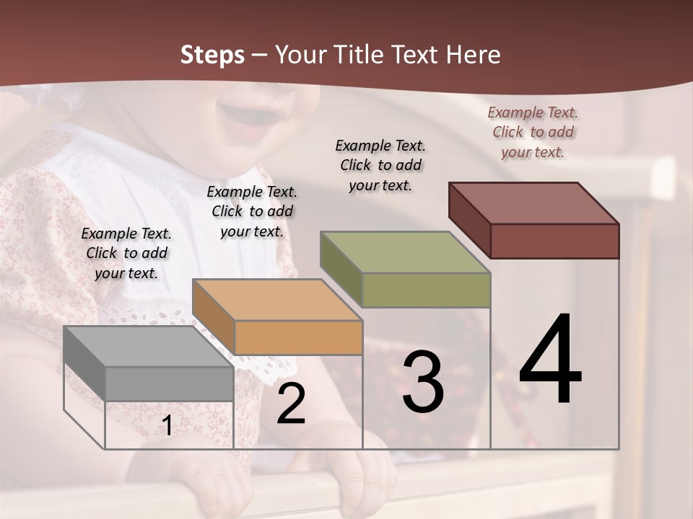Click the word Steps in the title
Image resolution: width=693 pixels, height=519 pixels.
[212, 55]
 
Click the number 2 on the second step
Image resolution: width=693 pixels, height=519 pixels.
[291, 404]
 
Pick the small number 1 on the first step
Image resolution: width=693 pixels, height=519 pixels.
[167, 426]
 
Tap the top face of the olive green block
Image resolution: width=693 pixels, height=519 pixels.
[405, 252]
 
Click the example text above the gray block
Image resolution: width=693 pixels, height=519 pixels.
[126, 253]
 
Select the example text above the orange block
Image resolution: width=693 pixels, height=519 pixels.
[252, 211]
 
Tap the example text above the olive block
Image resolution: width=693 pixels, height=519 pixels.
[380, 165]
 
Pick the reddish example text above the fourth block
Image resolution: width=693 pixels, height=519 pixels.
[533, 132]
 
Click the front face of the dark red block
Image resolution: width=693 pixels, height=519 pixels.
[554, 241]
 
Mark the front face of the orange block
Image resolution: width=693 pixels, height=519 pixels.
[298, 337]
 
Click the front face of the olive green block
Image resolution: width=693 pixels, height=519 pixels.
[426, 290]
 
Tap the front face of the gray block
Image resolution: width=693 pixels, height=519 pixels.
[169, 383]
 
